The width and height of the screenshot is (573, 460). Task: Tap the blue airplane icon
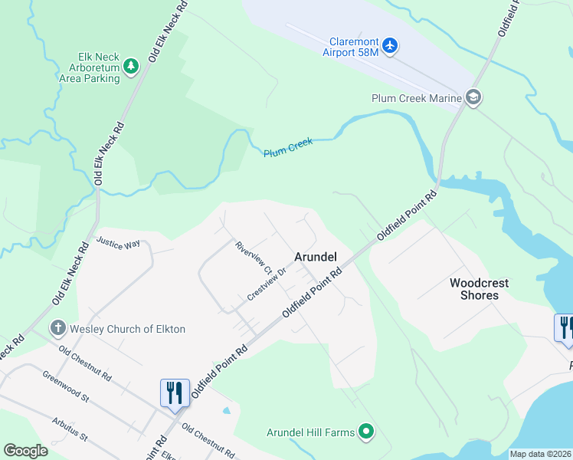click(x=390, y=46)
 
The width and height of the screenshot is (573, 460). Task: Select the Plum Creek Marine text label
click(x=416, y=98)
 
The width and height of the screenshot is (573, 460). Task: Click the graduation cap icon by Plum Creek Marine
click(x=473, y=97)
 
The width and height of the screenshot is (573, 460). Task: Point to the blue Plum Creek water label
click(x=288, y=148)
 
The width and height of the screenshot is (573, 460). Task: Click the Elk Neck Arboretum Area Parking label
click(x=99, y=67)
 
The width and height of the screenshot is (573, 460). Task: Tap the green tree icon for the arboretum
click(x=131, y=67)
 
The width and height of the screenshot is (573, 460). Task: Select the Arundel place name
click(x=316, y=258)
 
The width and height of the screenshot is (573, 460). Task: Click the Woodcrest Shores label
click(x=480, y=289)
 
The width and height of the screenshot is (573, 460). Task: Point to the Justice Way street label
click(x=118, y=242)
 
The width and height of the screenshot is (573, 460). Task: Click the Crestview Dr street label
click(x=267, y=284)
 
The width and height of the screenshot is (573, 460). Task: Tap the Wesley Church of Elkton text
click(x=127, y=329)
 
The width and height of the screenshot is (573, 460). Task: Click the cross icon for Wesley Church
click(x=57, y=329)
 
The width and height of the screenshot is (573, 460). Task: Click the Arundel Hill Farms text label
click(x=310, y=432)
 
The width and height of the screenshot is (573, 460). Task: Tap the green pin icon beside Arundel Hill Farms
click(x=366, y=432)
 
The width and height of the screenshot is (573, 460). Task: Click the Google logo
click(x=25, y=451)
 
